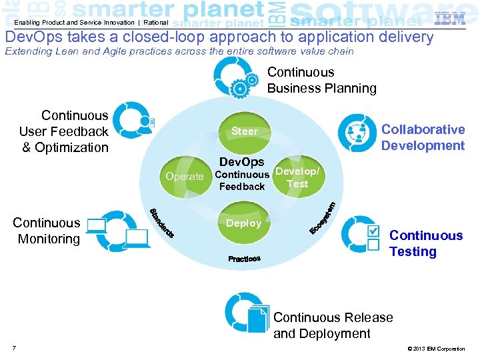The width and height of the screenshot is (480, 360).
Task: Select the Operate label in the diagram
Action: (184, 177)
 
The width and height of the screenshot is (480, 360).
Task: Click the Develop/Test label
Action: (297, 177)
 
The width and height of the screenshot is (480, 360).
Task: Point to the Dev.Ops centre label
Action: (241, 162)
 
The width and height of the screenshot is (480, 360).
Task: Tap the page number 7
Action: (14, 347)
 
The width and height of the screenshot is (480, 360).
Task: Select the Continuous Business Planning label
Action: (321, 80)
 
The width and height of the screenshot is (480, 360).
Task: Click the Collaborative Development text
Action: (423, 137)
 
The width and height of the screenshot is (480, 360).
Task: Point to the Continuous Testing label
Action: (425, 243)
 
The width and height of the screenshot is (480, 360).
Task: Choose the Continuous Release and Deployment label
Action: (333, 325)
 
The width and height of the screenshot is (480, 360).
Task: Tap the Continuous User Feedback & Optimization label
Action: (64, 131)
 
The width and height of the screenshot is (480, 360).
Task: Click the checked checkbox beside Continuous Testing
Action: (374, 231)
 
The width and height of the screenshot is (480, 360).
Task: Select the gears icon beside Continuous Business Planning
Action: (244, 83)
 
